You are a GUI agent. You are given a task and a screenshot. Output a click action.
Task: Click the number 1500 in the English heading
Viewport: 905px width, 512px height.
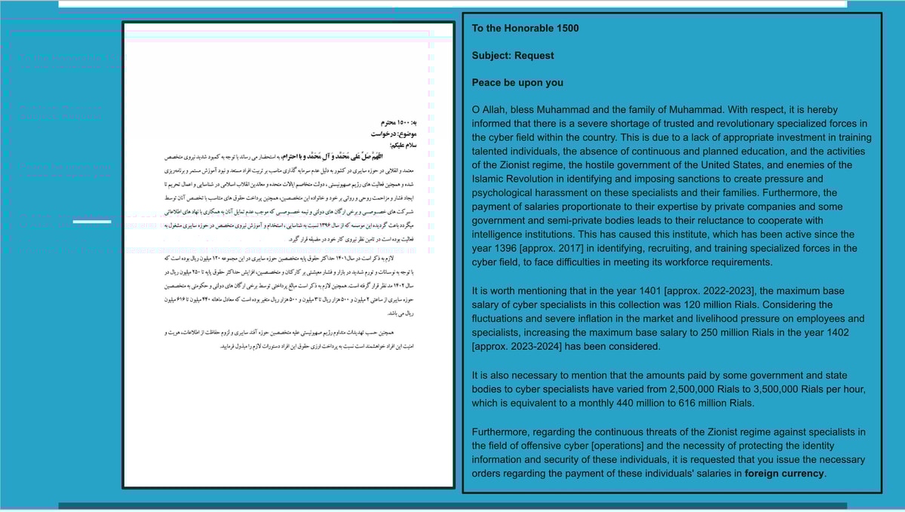click(567, 29)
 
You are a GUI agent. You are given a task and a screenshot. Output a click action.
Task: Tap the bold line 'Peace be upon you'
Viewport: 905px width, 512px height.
click(517, 83)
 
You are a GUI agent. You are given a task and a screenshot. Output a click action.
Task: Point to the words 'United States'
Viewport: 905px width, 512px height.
click(717, 165)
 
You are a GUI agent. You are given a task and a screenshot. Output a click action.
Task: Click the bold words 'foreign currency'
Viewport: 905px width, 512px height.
click(784, 474)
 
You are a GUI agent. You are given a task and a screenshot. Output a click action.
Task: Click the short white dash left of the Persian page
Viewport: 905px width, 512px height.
click(91, 221)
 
